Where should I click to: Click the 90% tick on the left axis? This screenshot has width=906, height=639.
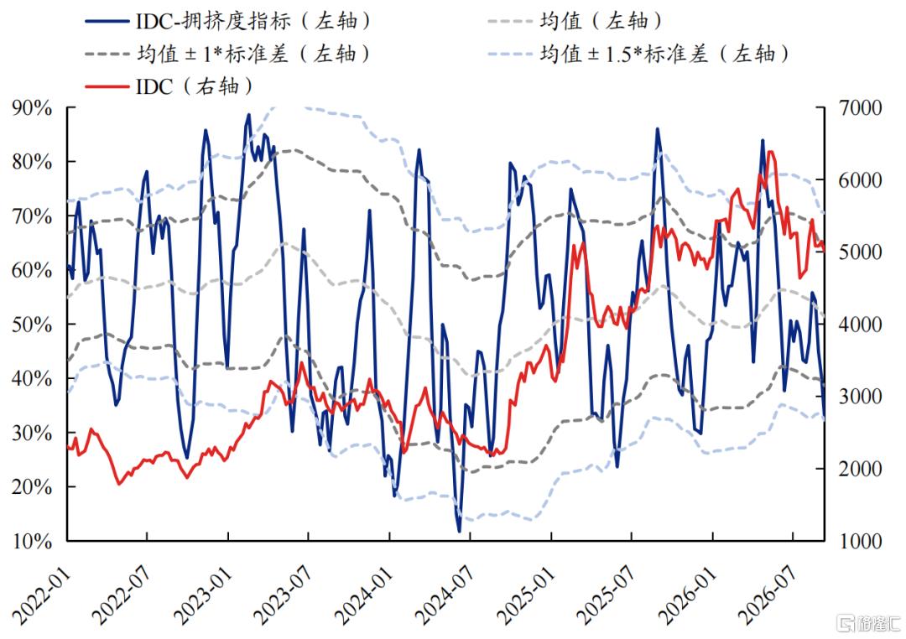33,108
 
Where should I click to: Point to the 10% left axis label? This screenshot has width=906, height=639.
33,542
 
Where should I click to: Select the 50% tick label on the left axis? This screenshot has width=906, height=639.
33,325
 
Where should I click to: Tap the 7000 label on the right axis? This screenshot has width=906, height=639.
861,108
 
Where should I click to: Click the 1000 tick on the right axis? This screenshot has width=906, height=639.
861,542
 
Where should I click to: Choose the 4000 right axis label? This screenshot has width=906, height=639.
861,325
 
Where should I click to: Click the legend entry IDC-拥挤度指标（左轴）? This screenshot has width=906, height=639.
227,21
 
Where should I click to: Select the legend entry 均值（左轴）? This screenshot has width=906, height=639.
575,21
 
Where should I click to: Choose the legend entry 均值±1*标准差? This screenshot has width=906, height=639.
227,54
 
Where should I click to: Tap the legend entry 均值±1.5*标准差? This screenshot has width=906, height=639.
639,54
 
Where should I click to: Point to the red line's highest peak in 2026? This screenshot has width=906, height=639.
770,152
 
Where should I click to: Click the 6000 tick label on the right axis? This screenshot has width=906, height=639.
861,180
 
